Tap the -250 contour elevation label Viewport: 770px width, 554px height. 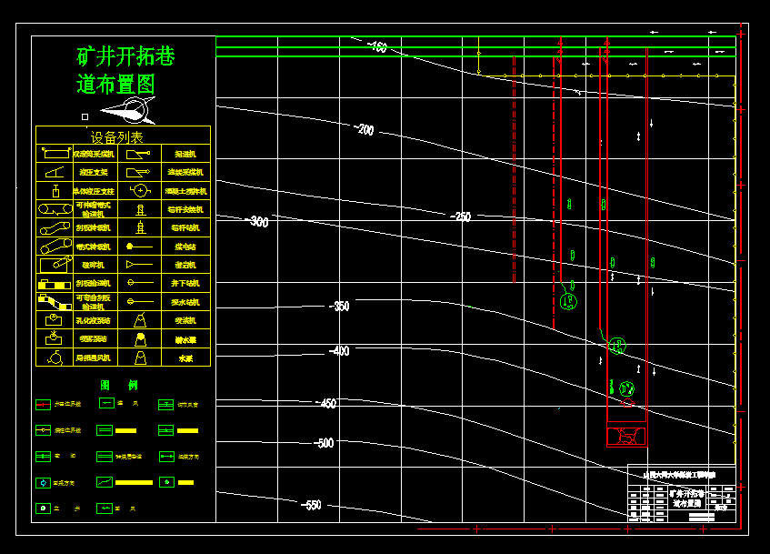[x=462, y=217]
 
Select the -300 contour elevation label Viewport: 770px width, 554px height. [x=258, y=222]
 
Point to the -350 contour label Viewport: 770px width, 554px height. [x=338, y=307]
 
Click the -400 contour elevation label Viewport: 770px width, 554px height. [x=338, y=351]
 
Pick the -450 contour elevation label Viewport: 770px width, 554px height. [x=325, y=404]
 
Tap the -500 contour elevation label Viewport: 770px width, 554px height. [x=324, y=443]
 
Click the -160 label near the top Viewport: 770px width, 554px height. [x=376, y=47]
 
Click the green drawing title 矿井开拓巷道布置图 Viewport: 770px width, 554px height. [x=125, y=70]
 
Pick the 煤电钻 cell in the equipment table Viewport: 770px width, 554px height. [x=185, y=247]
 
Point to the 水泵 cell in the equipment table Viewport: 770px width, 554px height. [x=185, y=358]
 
